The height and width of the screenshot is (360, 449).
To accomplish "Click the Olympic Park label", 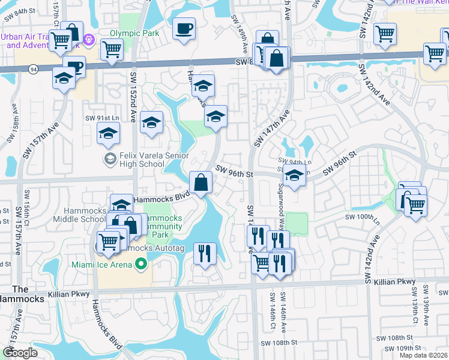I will click(134, 33).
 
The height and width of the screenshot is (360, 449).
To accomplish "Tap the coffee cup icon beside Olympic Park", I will click(184, 28).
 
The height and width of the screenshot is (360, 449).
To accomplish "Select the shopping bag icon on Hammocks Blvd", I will click(200, 182).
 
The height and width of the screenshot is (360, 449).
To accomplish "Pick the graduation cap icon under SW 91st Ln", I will click(109, 134).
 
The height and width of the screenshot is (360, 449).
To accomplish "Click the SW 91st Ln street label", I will click(100, 118).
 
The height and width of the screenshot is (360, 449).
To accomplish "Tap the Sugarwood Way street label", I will click(280, 204).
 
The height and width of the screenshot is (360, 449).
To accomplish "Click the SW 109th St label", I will click(400, 348).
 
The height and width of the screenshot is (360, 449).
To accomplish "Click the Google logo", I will click(20, 353).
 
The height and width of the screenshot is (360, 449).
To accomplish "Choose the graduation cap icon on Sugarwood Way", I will click(294, 177).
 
